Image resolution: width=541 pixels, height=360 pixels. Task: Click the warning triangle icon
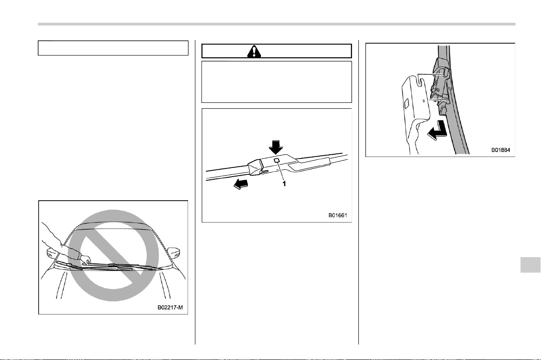tap(254, 51)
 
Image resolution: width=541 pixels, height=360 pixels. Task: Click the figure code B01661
tap(337, 216)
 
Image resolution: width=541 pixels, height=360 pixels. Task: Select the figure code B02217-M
tap(170, 307)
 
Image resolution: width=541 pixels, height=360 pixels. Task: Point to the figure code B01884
tap(500, 150)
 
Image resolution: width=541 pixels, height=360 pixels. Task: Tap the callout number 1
tap(284, 184)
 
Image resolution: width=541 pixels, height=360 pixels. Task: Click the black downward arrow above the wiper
tap(276, 147)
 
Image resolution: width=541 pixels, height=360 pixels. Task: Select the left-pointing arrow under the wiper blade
tap(240, 184)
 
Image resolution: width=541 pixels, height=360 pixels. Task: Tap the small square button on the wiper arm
tap(276, 161)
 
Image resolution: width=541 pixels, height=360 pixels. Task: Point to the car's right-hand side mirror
tap(173, 251)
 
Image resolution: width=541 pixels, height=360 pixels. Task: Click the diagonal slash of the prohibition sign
tap(113, 255)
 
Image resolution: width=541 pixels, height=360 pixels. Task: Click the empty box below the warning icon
tap(277, 82)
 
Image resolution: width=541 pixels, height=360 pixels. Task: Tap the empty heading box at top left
tap(113, 48)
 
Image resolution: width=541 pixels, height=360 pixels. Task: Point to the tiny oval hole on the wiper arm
tap(423, 101)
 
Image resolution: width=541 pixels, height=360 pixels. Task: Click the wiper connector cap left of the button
tap(255, 167)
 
